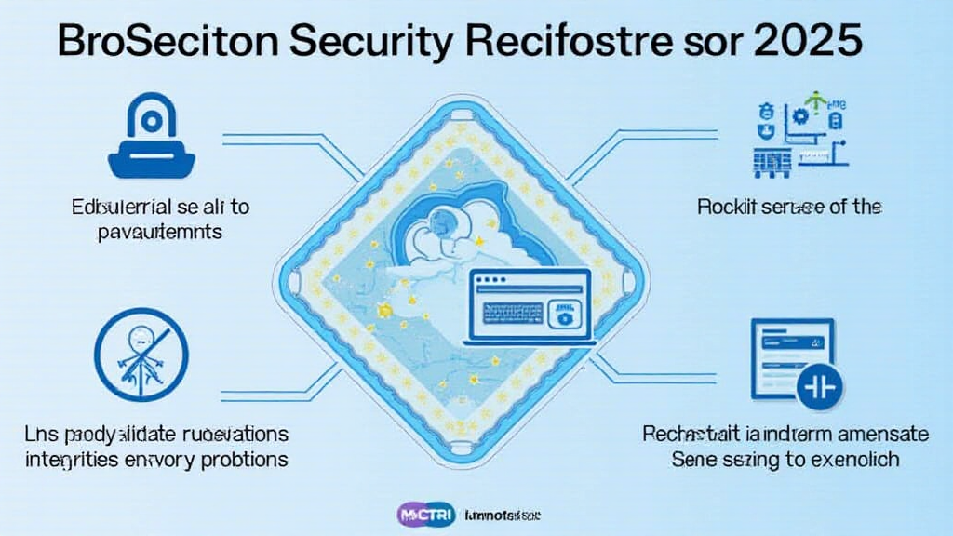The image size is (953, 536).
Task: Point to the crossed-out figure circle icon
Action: tap(142, 354)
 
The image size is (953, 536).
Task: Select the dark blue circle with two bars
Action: tap(816, 384)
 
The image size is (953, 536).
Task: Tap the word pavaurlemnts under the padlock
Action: tap(160, 231)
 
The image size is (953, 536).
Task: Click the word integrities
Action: tap(81, 459)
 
